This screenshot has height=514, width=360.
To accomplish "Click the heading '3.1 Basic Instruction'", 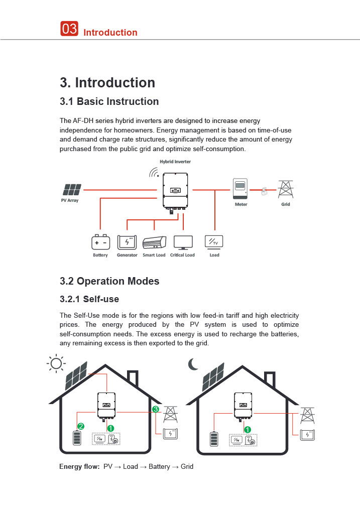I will click(109, 101).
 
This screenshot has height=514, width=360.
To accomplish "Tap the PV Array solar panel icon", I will click(72, 190).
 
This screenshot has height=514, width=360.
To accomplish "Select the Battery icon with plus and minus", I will click(100, 242).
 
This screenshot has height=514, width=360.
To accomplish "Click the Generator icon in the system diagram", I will click(127, 242).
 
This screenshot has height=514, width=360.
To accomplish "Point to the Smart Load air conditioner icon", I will click(154, 243).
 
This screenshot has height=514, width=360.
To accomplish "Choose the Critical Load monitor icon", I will click(183, 242).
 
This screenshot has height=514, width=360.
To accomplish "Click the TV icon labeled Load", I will click(214, 242).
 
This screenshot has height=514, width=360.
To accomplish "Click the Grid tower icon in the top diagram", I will click(285, 189).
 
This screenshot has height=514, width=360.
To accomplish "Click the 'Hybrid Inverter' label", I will click(175, 162).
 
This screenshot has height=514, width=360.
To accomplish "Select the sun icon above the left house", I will click(56, 363).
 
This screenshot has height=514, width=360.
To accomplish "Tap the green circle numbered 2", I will click(80, 426).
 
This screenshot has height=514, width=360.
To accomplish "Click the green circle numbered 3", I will click(156, 410).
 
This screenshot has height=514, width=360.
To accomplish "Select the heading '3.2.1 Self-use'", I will click(89, 299).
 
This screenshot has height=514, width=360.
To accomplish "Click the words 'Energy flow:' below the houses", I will click(79, 467).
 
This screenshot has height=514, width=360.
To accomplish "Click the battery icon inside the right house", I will click(214, 438).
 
